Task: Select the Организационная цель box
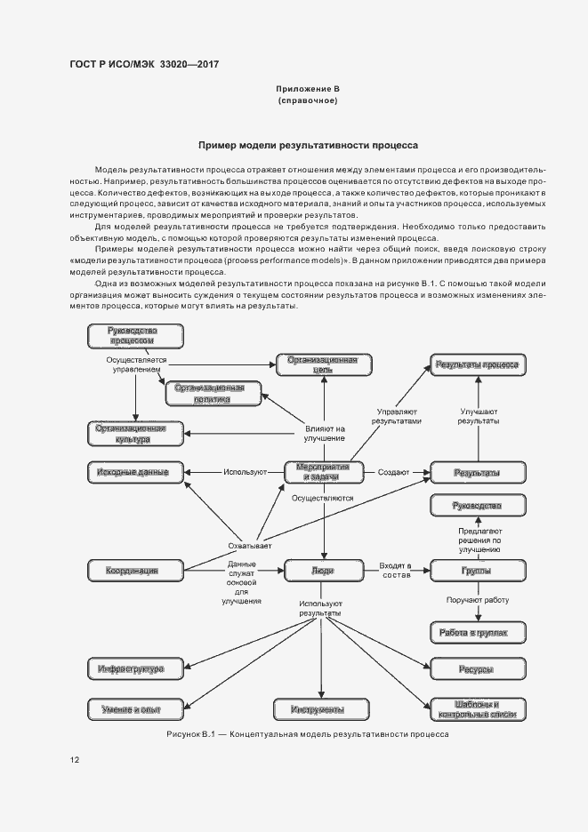323,364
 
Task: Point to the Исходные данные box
136,471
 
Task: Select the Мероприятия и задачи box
324,471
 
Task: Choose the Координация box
136,570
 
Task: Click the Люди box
323,570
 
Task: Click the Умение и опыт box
136,708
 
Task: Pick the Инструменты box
323,708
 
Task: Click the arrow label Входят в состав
397,570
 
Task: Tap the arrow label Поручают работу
478,601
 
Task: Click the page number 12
75,760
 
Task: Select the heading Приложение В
307,90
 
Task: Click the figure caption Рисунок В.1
307,734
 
